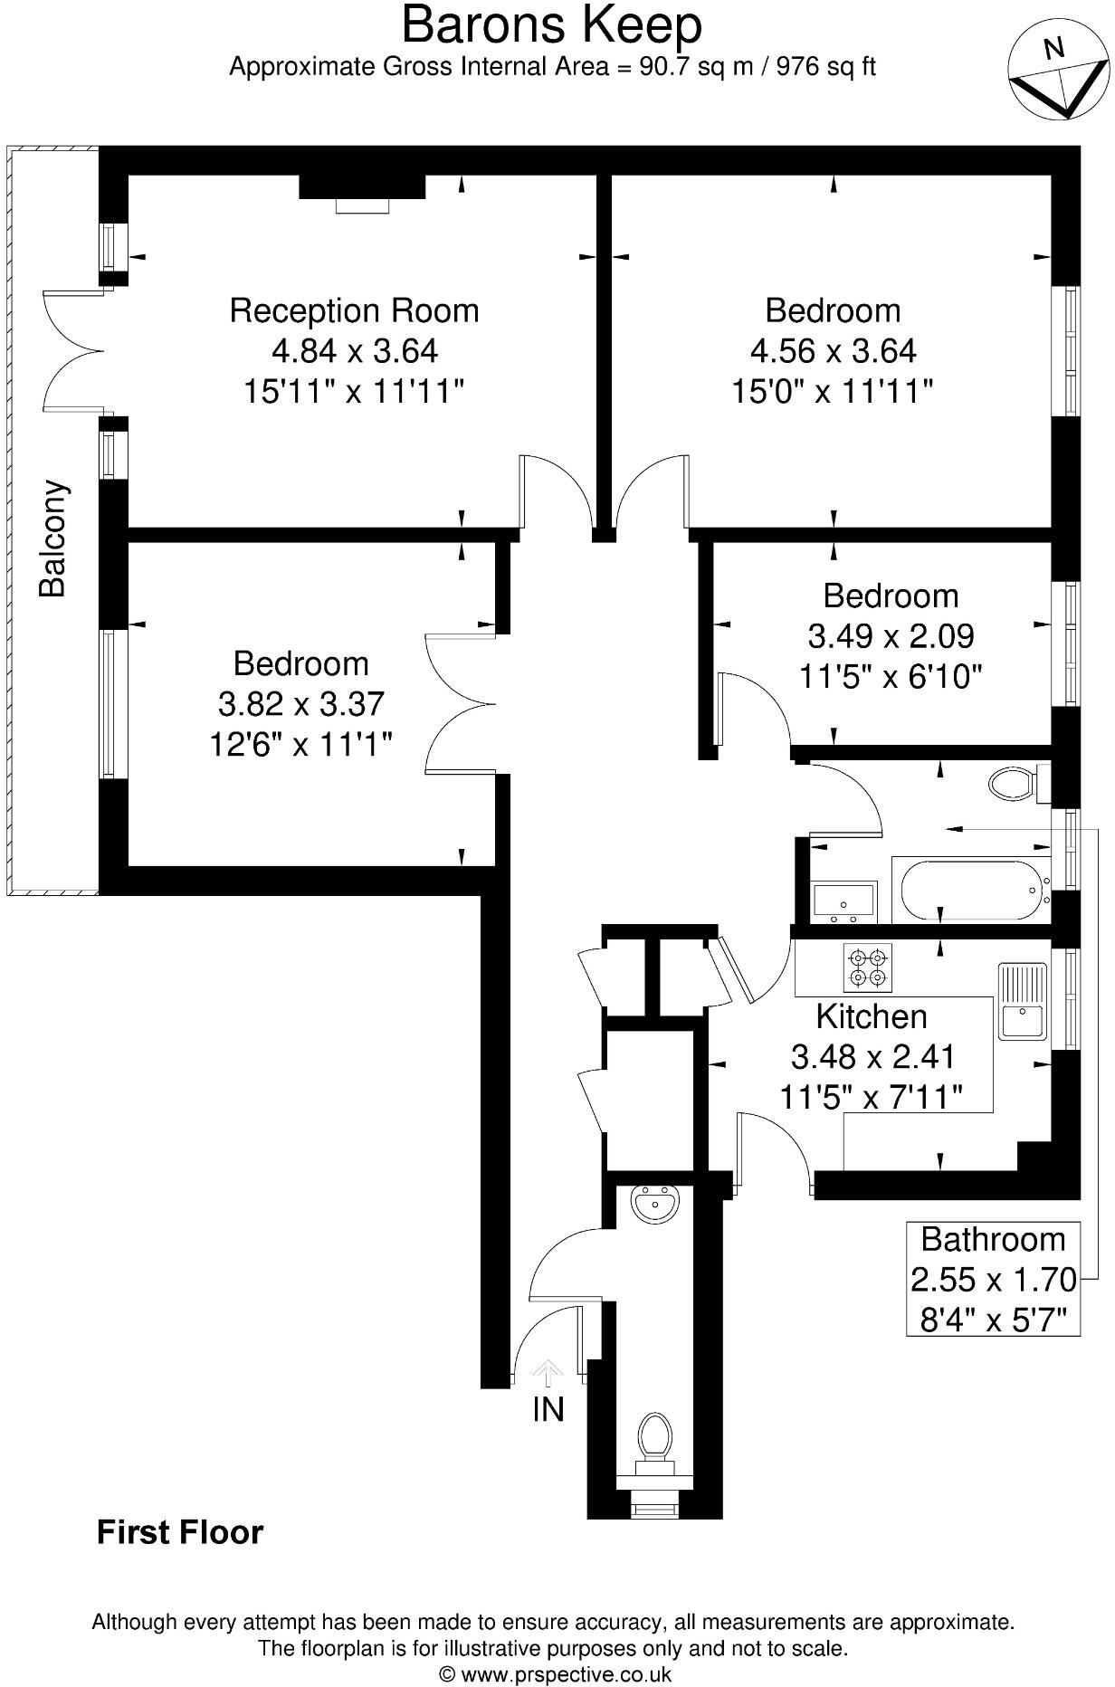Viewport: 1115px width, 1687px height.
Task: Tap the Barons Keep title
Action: pos(551,25)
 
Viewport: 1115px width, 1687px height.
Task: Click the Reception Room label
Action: pos(354,310)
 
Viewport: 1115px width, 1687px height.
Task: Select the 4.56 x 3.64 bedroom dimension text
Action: pos(833,351)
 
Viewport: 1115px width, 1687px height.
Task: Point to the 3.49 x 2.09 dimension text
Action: pos(891,636)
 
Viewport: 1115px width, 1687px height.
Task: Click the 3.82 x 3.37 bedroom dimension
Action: pos(300,704)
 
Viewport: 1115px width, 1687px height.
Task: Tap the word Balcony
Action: pos(53,539)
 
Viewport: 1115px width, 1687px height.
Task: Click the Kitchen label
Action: pos(872,1016)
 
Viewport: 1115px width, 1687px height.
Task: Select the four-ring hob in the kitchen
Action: pos(868,967)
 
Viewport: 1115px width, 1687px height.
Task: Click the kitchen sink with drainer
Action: pos(1023,1002)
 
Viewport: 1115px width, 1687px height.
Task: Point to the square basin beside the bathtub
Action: pos(843,901)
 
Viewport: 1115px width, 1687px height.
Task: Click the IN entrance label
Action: pos(548,1409)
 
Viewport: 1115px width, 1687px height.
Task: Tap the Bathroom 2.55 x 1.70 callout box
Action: pos(993,1278)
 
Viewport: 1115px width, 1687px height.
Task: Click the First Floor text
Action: pos(180,1532)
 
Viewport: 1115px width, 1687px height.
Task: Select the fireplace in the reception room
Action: pos(362,192)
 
